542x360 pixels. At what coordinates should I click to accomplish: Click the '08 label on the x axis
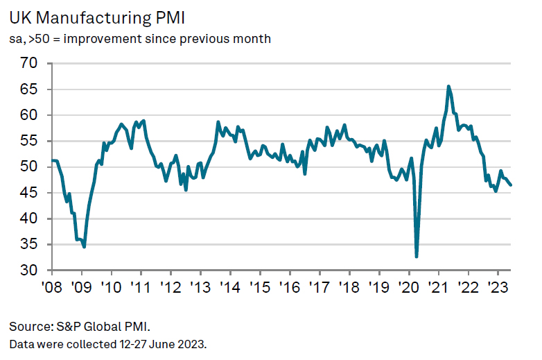(x=52, y=286)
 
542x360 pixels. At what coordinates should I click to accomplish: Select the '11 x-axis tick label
(x=141, y=286)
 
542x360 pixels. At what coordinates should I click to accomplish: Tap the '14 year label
(x=229, y=286)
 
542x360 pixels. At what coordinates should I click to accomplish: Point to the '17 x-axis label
(x=319, y=286)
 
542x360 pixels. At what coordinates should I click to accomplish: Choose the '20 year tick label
(x=408, y=286)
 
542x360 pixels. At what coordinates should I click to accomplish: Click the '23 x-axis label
(x=496, y=286)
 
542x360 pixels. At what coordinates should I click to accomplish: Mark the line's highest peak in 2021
(x=448, y=86)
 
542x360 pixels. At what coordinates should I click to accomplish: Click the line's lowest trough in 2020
(x=417, y=257)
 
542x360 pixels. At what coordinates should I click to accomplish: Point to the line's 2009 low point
(x=84, y=247)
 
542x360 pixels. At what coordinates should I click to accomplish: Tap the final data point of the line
(x=512, y=185)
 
